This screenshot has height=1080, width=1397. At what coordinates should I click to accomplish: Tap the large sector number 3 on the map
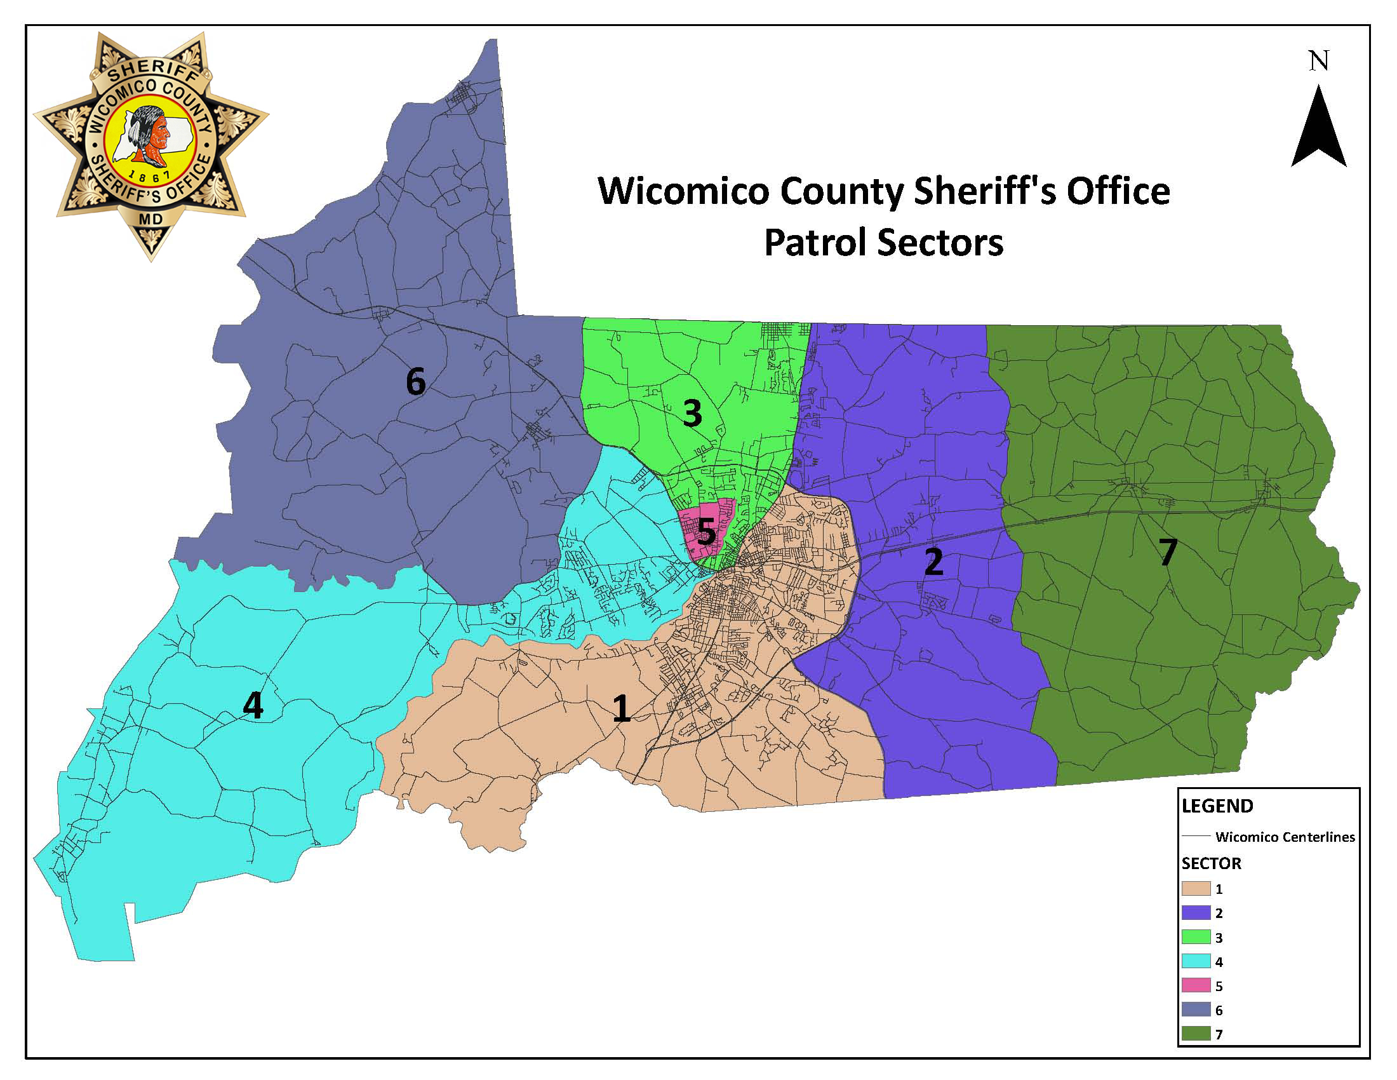point(693,414)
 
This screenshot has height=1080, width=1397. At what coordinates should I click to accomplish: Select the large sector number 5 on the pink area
point(706,532)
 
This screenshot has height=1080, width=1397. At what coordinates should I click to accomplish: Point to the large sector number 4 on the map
point(253,706)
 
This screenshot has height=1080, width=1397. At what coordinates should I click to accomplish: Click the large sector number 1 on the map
point(622,709)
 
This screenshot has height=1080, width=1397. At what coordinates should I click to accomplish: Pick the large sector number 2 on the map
point(934,562)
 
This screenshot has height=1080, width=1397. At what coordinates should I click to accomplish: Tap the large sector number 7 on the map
point(1168,552)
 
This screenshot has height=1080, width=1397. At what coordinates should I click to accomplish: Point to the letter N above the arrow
point(1318,62)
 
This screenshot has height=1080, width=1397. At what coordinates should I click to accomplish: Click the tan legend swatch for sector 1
point(1196,889)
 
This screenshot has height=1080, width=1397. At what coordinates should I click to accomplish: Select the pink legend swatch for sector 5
point(1196,985)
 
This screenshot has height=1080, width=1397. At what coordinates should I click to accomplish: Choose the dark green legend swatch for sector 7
point(1196,1033)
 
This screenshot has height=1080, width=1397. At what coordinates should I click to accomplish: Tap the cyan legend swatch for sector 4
point(1196,961)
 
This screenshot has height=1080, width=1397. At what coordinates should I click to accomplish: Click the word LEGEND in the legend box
point(1217,806)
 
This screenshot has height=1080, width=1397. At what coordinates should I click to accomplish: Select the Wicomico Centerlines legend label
point(1285,837)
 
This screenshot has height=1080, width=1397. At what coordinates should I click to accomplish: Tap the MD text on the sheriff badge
point(151,219)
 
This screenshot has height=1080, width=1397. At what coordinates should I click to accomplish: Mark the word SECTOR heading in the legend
point(1212,864)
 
